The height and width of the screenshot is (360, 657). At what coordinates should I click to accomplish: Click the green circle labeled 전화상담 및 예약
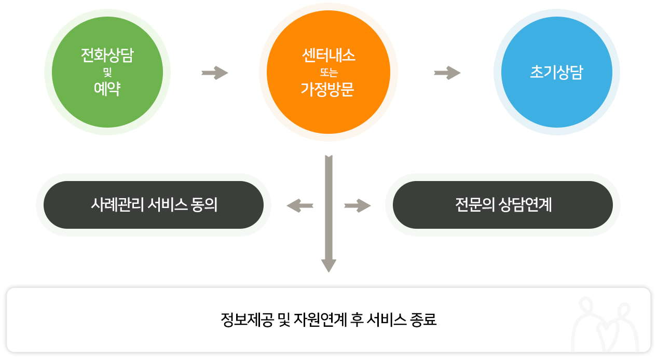click(107, 72)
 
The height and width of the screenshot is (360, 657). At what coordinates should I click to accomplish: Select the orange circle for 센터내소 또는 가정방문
click(328, 72)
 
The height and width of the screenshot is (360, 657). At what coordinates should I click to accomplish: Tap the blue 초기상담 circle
click(557, 72)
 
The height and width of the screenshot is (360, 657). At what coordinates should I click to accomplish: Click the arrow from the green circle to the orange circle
click(215, 73)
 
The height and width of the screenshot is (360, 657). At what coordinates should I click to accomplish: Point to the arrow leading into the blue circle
click(447, 73)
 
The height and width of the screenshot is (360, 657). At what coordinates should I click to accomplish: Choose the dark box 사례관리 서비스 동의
click(154, 204)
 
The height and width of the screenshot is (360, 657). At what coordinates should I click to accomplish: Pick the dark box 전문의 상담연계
click(503, 204)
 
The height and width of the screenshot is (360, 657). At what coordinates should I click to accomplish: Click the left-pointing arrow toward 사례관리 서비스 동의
click(300, 205)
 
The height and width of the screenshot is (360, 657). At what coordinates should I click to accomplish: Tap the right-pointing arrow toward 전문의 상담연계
click(358, 205)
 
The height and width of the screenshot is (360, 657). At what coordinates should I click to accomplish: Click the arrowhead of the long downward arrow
click(329, 266)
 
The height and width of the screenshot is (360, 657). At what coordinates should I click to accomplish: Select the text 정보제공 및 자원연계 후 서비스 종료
click(328, 320)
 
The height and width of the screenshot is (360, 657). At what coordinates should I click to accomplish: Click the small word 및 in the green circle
click(107, 72)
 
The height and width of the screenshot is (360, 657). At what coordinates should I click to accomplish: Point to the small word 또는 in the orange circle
click(328, 73)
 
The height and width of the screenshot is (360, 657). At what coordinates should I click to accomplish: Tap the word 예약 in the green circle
click(107, 89)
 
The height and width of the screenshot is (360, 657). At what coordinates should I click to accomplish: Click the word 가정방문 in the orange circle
click(327, 89)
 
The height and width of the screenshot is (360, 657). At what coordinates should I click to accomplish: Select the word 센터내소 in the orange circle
click(328, 56)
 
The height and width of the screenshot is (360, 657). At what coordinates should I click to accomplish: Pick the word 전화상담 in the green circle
click(107, 55)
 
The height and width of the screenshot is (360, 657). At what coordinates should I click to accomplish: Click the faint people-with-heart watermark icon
click(605, 324)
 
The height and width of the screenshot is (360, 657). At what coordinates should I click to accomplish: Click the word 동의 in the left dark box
click(204, 204)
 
